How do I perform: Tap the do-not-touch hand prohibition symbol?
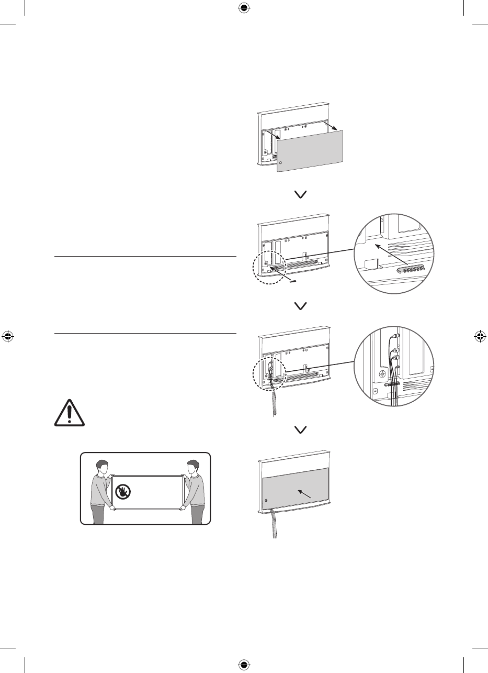pos(123,491)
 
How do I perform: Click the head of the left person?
pos(103,467)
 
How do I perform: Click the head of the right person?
pos(193,467)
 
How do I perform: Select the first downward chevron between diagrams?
pos(301,194)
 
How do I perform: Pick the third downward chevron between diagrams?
pos(301,429)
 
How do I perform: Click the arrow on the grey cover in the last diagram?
pos(304,492)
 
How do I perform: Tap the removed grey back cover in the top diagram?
pos(311,150)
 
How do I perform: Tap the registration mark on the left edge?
pos(8,336)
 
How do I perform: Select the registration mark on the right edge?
pos(480,336)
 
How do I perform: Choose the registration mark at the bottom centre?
pos(244,665)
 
